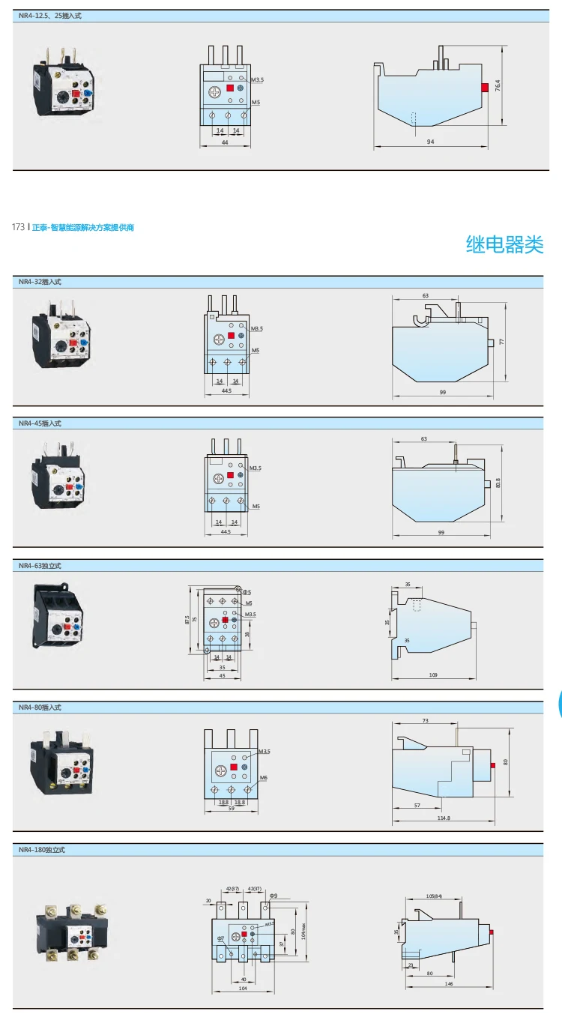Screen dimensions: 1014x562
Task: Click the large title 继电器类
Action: [504, 244]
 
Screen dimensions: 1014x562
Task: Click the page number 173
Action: [19, 227]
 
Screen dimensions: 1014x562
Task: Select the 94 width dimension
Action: [429, 142]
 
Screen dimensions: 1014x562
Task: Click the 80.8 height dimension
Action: [498, 483]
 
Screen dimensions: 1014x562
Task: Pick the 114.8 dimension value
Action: [444, 818]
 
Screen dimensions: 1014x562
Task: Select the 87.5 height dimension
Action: [187, 620]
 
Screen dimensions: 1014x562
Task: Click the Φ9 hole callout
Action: [274, 896]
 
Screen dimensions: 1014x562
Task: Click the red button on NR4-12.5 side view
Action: [485, 88]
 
